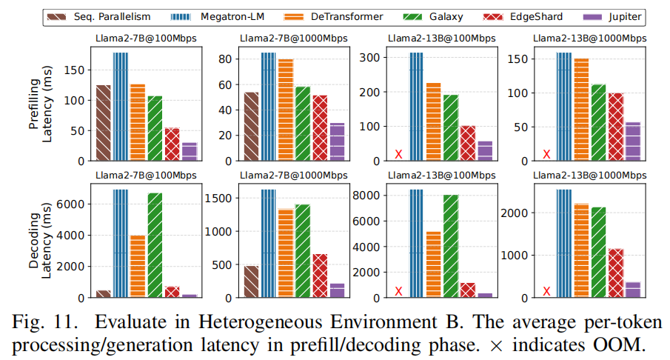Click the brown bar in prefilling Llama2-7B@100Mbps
[x=103, y=122]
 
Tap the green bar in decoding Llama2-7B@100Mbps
[x=155, y=244]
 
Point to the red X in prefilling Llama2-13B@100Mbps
[x=398, y=154]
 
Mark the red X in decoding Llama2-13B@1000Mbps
[x=546, y=292]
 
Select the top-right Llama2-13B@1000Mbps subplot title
[x=589, y=38]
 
